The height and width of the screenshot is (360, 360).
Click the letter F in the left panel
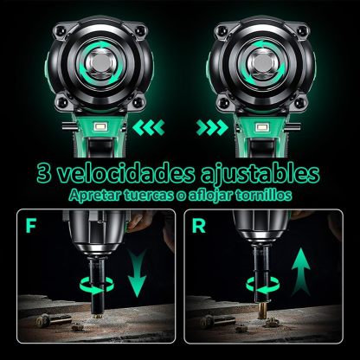(x=30, y=226)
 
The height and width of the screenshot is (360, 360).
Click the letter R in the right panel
(x=199, y=226)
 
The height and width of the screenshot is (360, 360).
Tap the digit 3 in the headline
(x=44, y=173)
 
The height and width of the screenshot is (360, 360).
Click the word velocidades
(x=126, y=173)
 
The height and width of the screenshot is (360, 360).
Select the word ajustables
(x=260, y=174)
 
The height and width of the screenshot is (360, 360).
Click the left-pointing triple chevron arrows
(x=149, y=128)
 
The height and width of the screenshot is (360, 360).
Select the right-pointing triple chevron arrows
(x=212, y=128)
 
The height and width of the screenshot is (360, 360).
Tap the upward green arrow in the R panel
(x=301, y=271)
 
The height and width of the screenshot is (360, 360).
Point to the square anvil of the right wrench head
(x=261, y=61)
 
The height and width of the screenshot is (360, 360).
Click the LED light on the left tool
(x=100, y=126)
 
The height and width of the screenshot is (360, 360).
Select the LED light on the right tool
(x=261, y=126)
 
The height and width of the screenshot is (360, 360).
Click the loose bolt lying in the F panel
(x=54, y=320)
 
